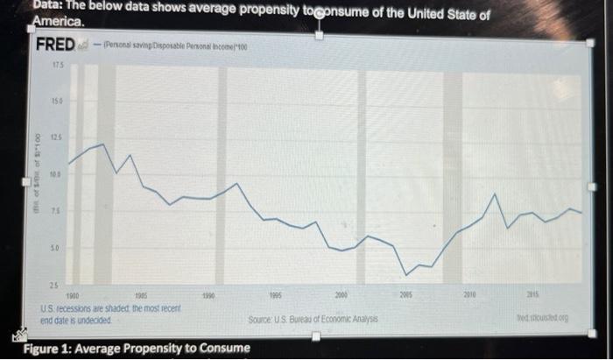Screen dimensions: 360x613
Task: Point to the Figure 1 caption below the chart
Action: coord(136,349)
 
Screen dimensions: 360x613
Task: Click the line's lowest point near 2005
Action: coord(404,273)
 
